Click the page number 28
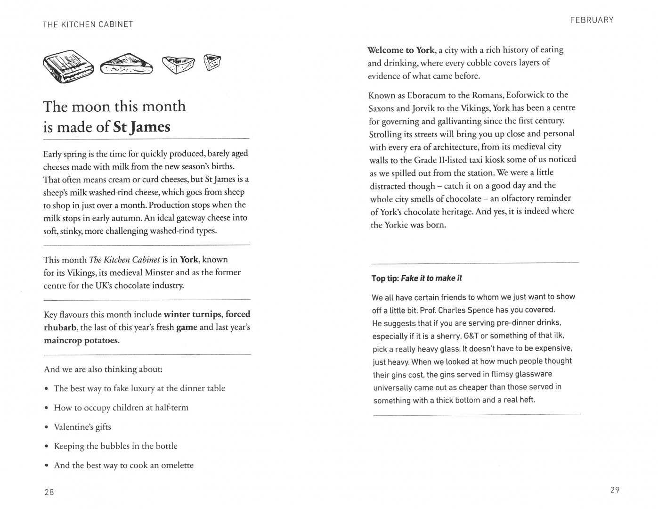click(x=49, y=492)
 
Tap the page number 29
click(x=615, y=490)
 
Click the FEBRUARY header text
click(x=592, y=20)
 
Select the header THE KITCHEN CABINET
click(x=88, y=25)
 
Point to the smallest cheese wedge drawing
click(x=212, y=62)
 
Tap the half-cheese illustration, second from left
click(x=126, y=66)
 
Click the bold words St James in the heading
click(x=142, y=127)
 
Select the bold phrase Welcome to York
click(x=401, y=50)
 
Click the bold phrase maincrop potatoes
click(x=81, y=340)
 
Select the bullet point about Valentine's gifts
click(x=82, y=427)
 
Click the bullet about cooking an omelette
click(x=123, y=465)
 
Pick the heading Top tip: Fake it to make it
click(x=416, y=278)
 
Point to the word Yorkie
click(x=396, y=225)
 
